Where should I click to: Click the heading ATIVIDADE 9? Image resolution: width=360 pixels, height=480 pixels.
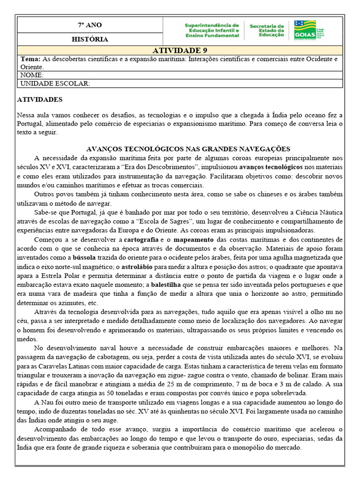(180, 51)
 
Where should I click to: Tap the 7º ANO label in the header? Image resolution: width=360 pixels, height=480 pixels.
(90, 25)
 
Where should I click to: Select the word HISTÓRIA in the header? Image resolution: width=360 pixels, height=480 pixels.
(90, 39)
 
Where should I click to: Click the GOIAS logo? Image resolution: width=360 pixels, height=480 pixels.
(305, 29)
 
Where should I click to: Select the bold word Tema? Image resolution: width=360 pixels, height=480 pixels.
(31, 59)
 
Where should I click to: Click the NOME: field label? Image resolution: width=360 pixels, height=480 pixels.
(32, 75)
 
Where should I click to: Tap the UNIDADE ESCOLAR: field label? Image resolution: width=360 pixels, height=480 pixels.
(54, 83)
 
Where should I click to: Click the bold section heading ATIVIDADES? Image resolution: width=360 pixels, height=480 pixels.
(39, 100)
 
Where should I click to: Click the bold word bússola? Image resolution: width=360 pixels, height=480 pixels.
(85, 257)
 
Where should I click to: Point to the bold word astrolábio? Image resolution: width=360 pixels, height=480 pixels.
(140, 266)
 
